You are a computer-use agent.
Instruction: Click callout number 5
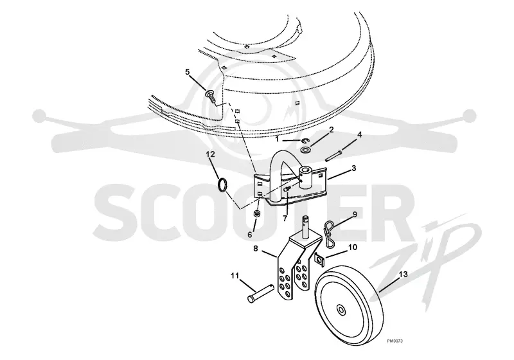coord(188,72)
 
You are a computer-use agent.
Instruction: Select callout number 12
coord(211,154)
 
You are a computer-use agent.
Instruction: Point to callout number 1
coord(277,139)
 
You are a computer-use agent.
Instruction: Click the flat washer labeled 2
coord(306,150)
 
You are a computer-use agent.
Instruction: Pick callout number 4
coord(360,134)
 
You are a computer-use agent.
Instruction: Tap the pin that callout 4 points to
coord(334,155)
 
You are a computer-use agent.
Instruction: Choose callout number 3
coord(354,168)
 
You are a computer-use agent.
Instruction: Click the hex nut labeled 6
coord(258,215)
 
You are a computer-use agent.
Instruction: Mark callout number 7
coord(285,218)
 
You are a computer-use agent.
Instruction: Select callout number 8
coord(255,249)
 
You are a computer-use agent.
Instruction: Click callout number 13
coord(403,274)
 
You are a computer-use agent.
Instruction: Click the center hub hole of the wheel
coord(341,309)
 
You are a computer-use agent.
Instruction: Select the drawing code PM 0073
coord(394,341)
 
